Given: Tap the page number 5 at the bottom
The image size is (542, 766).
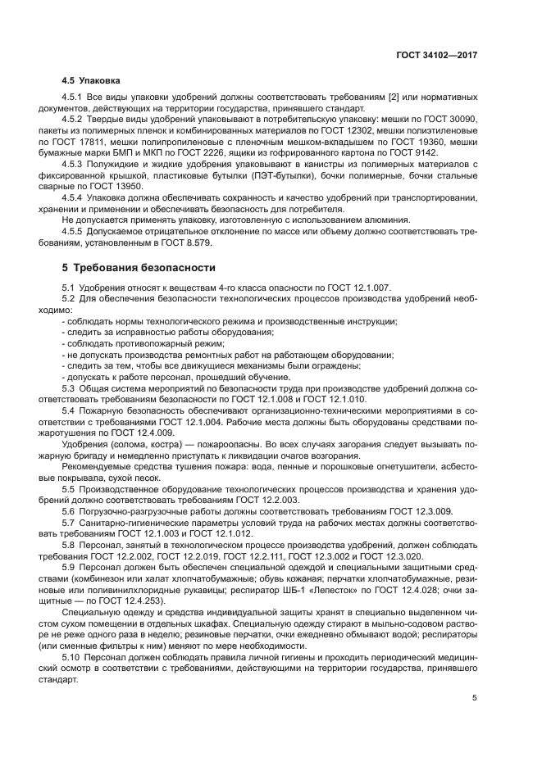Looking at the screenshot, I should coord(475,698).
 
